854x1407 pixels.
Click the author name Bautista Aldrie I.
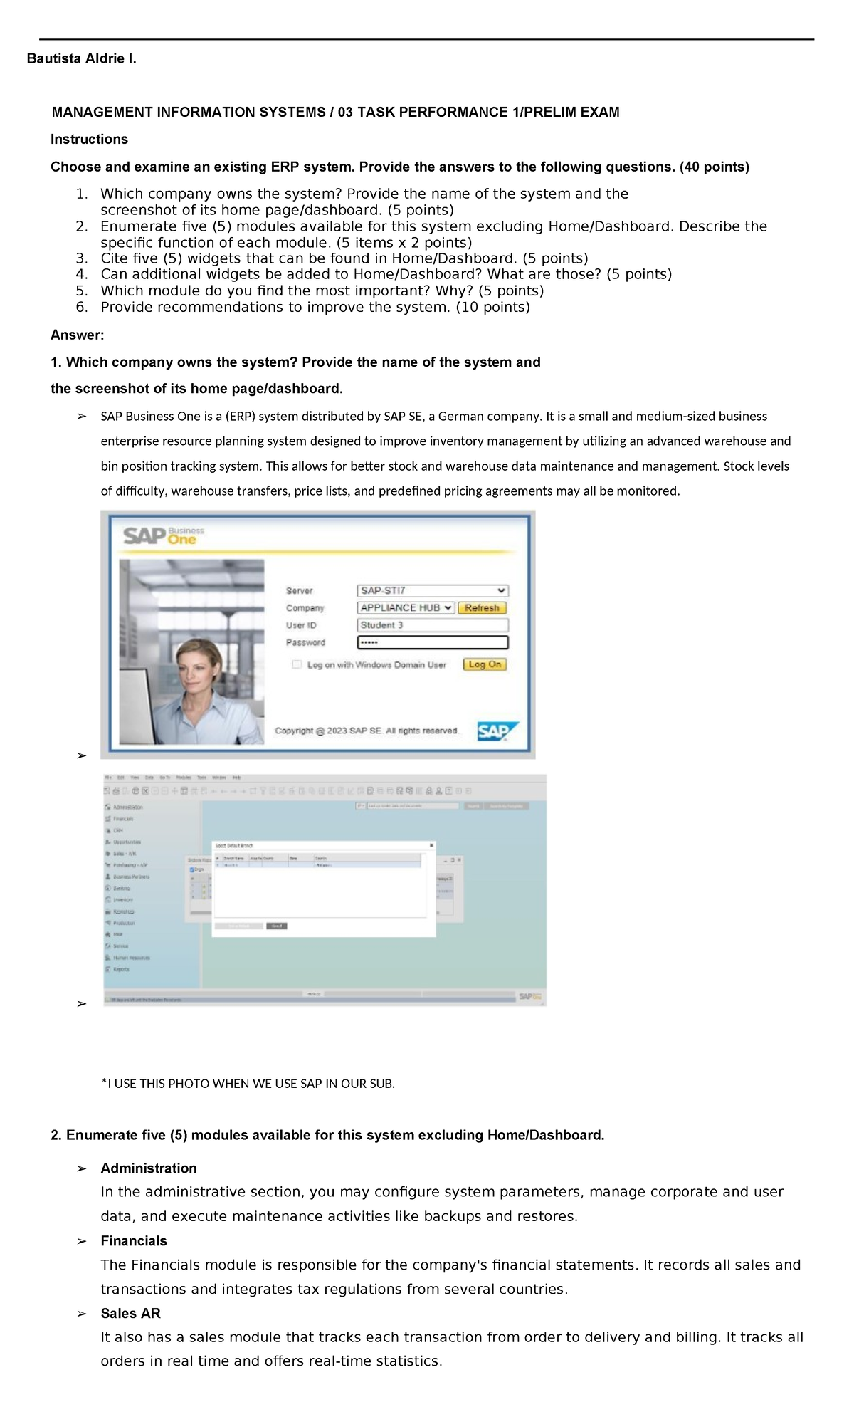(x=81, y=59)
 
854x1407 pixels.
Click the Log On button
(x=485, y=664)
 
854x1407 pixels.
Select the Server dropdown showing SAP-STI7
(x=432, y=590)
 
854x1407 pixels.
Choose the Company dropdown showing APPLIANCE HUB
(x=406, y=607)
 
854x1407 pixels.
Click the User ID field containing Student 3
(x=432, y=625)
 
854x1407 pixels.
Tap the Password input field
(x=432, y=642)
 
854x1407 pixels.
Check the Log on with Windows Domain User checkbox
(x=297, y=664)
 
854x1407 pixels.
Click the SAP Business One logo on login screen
(x=163, y=535)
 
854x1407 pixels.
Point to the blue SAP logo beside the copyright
(x=497, y=731)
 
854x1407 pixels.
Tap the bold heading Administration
(x=148, y=1168)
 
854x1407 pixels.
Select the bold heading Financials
(x=134, y=1241)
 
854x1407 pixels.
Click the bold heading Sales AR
(x=130, y=1314)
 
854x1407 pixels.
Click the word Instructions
(x=89, y=140)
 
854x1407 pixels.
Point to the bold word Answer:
(x=77, y=335)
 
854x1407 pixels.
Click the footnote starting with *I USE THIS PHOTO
(x=248, y=1084)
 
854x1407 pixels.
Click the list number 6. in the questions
(x=82, y=308)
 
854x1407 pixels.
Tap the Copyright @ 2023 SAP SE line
(x=367, y=731)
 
